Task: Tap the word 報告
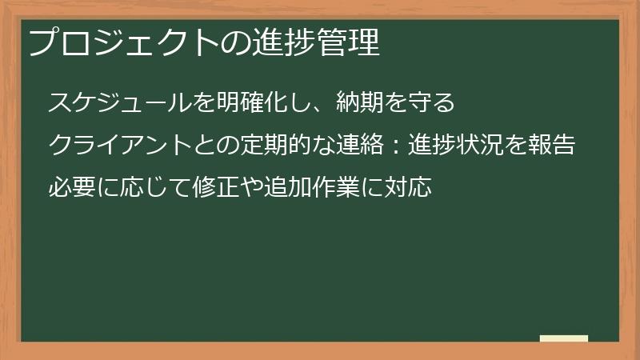[x=556, y=146]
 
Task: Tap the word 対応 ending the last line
[x=412, y=189]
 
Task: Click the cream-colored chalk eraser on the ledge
[x=564, y=338]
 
